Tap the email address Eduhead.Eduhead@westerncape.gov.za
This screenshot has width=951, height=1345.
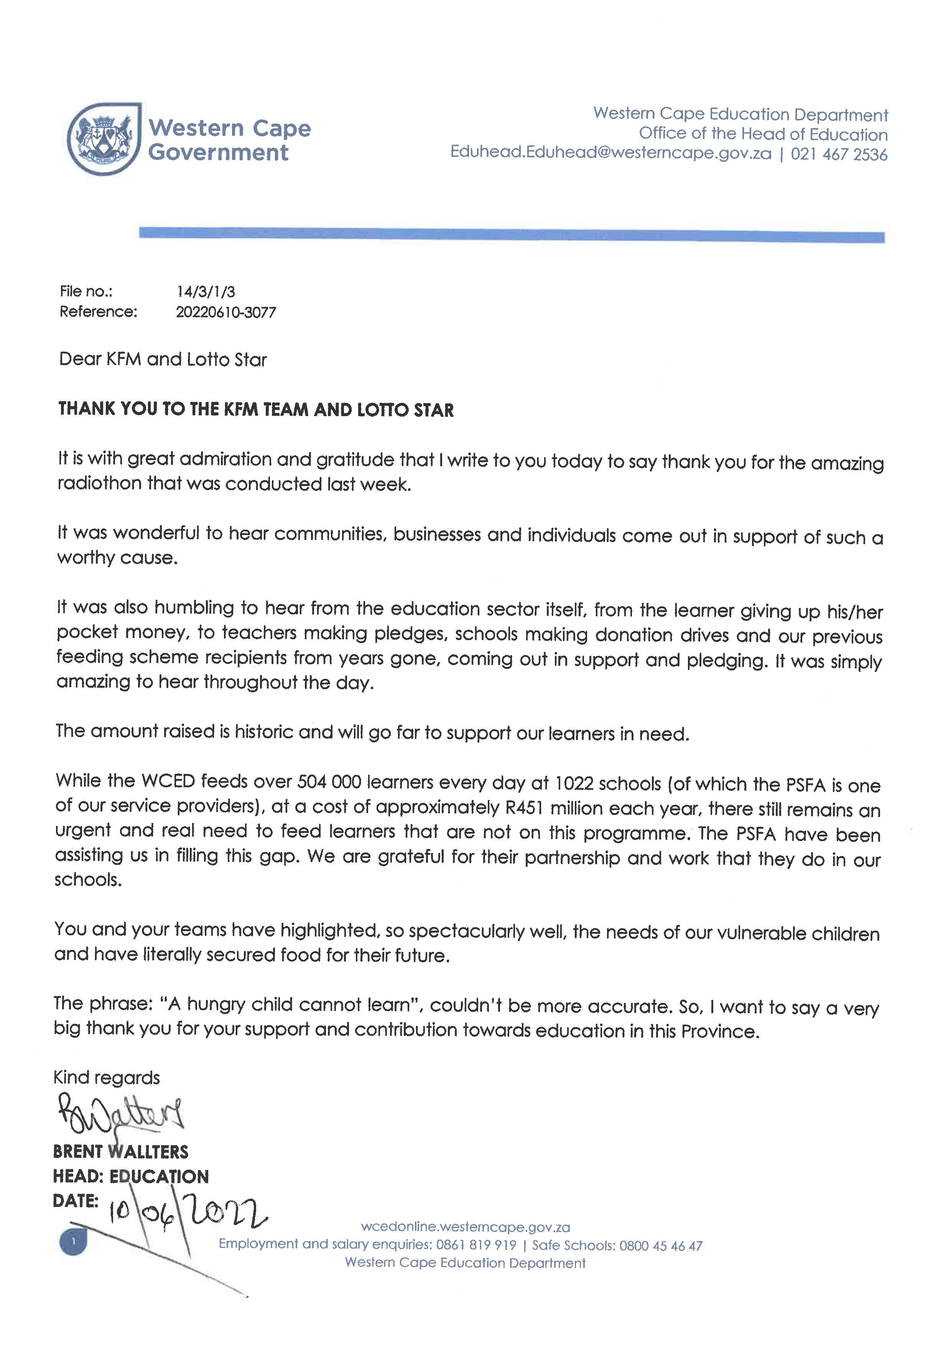(x=611, y=153)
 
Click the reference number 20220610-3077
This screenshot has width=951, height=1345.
(x=225, y=312)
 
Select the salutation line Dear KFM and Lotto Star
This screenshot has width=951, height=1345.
(x=163, y=359)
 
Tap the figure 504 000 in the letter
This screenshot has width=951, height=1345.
(x=329, y=782)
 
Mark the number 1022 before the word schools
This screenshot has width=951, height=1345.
(x=577, y=783)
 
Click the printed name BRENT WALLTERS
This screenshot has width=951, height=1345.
(x=121, y=1152)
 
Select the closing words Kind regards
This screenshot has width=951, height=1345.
(x=107, y=1077)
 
